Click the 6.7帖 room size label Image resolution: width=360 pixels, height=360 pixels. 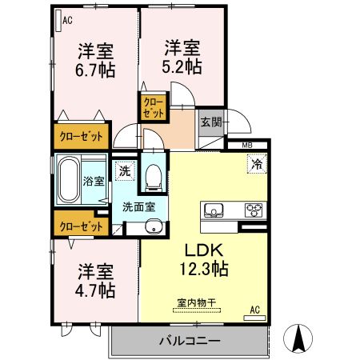95,70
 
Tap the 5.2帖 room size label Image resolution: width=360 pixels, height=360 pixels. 182,66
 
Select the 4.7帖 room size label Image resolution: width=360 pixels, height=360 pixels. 95,290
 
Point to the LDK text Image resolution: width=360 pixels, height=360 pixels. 204,250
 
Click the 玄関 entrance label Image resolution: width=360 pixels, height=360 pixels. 211,122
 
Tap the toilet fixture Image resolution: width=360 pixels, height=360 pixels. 153,178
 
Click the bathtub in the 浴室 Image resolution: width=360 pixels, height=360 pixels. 69,179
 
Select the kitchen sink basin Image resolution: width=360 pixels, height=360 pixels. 214,210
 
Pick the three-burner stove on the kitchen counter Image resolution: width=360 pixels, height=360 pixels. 254,210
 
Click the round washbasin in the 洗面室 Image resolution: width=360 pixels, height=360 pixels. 154,226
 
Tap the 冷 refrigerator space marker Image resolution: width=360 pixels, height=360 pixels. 257,164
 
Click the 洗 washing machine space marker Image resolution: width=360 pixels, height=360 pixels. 125,171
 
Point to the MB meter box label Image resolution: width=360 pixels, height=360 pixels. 247,146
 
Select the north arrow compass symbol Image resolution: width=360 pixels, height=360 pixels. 298,338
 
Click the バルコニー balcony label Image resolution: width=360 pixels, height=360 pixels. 190,341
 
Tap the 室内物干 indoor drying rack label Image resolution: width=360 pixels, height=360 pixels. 196,302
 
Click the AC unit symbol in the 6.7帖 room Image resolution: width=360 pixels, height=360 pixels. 58,21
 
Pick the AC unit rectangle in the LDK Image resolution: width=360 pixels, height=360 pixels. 254,318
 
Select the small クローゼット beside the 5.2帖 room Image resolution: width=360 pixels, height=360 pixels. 154,107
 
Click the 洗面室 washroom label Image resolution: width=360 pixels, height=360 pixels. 138,207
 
